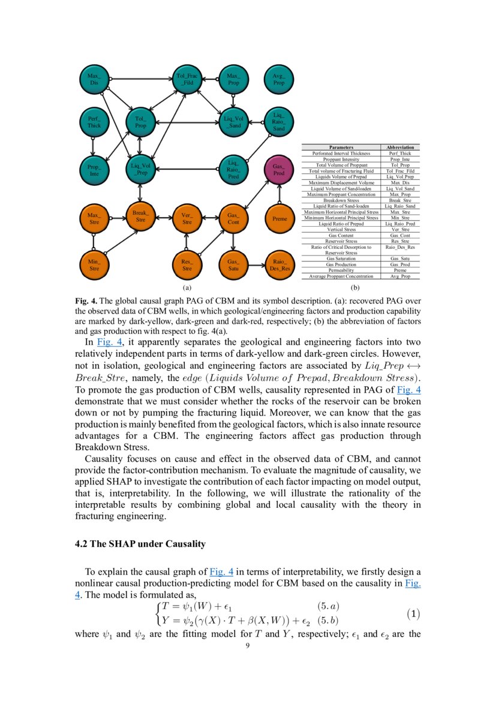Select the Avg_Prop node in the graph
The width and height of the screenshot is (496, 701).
[278, 79]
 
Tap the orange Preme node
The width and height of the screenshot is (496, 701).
[279, 219]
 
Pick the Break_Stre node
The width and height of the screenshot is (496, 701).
[140, 216]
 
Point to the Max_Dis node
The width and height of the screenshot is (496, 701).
[94, 79]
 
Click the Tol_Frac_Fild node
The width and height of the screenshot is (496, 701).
[187, 79]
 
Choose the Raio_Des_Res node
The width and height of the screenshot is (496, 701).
[279, 265]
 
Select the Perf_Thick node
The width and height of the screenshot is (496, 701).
[94, 122]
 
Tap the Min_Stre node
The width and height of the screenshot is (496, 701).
[94, 265]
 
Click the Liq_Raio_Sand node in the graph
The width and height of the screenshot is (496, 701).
[279, 122]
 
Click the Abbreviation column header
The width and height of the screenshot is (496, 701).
[400, 148]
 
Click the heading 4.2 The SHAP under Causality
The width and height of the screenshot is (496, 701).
[140, 544]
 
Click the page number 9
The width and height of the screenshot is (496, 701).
[248, 646]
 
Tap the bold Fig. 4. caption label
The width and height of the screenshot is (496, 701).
[85, 300]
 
